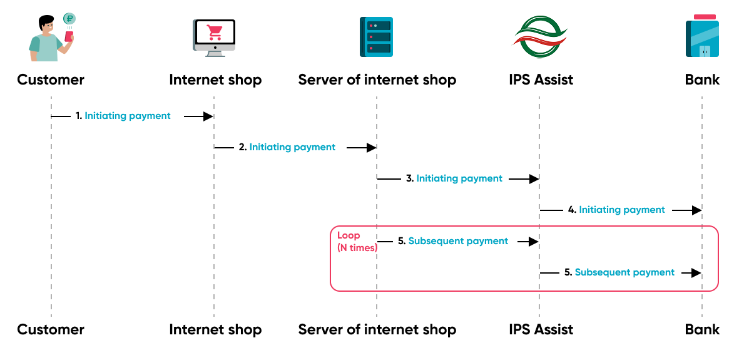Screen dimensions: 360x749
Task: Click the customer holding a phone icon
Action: pos(50,39)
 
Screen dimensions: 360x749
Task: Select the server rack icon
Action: pos(376,38)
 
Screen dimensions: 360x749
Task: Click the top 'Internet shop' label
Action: pos(215,80)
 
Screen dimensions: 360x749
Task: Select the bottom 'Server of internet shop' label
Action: pos(377,329)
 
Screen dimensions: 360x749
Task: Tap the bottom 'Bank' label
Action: pos(702,329)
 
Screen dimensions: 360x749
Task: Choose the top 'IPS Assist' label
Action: pos(541,80)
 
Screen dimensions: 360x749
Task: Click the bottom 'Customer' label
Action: pos(51,329)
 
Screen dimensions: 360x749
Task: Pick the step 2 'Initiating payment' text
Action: pos(292,148)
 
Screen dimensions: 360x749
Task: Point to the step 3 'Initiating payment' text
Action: pos(459,179)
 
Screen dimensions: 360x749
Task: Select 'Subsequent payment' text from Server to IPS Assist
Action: pos(458,242)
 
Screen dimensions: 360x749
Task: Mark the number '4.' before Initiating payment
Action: pos(572,210)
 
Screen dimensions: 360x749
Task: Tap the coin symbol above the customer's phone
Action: pos(69,18)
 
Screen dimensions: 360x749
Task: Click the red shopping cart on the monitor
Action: pos(215,32)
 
